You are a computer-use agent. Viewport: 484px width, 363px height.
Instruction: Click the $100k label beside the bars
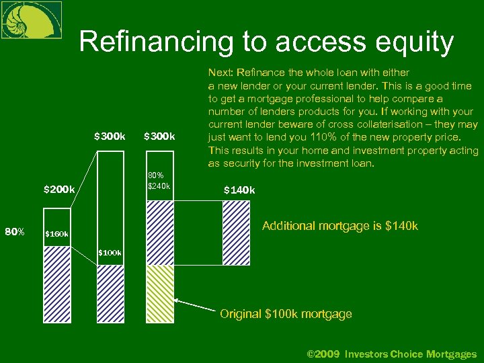click(x=110, y=253)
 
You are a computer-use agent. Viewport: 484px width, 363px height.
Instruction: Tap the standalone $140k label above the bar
click(x=239, y=190)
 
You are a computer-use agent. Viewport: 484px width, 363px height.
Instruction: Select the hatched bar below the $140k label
click(x=236, y=224)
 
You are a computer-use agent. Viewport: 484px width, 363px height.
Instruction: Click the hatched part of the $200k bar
click(x=56, y=282)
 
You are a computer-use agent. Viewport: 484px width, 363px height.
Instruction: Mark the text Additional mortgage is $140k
click(x=339, y=226)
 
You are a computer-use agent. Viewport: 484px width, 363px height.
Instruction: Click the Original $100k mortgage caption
click(x=286, y=314)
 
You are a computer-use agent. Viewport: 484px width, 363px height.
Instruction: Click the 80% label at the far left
click(x=15, y=233)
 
